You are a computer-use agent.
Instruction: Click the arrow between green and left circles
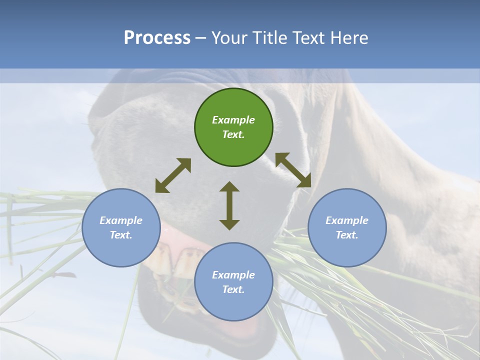pyautogui.click(x=173, y=175)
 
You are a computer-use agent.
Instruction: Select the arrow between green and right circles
pyautogui.click(x=293, y=170)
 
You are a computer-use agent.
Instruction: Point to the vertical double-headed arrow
pyautogui.click(x=229, y=205)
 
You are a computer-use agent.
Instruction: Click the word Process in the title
pyautogui.click(x=157, y=37)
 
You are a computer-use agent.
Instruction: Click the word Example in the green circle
pyautogui.click(x=233, y=120)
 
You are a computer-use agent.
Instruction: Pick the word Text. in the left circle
pyautogui.click(x=121, y=235)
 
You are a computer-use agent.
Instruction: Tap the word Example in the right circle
pyautogui.click(x=347, y=220)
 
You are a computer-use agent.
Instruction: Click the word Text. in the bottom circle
pyautogui.click(x=233, y=289)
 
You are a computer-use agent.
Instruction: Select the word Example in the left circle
pyautogui.click(x=121, y=220)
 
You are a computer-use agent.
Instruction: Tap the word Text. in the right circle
pyautogui.click(x=347, y=235)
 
